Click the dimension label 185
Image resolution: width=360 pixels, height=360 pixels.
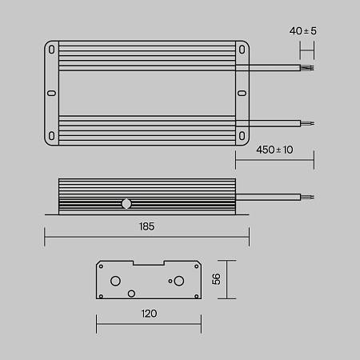click(x=146, y=227)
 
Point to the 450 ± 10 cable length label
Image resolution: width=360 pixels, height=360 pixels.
click(x=274, y=150)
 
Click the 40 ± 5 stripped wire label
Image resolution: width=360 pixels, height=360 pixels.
click(x=303, y=30)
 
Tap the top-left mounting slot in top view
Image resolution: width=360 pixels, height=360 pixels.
click(x=53, y=50)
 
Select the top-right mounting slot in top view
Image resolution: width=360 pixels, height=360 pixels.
click(x=240, y=50)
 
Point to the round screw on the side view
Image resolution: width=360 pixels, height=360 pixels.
click(x=126, y=203)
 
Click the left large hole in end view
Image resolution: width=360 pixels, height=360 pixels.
click(x=116, y=281)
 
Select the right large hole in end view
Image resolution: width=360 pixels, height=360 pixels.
click(x=178, y=281)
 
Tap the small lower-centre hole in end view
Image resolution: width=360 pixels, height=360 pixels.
click(x=132, y=293)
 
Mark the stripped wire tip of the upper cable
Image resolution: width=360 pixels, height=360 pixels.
click(x=307, y=66)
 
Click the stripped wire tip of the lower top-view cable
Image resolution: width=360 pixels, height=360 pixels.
click(x=307, y=123)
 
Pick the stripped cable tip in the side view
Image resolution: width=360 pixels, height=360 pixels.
click(x=307, y=197)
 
